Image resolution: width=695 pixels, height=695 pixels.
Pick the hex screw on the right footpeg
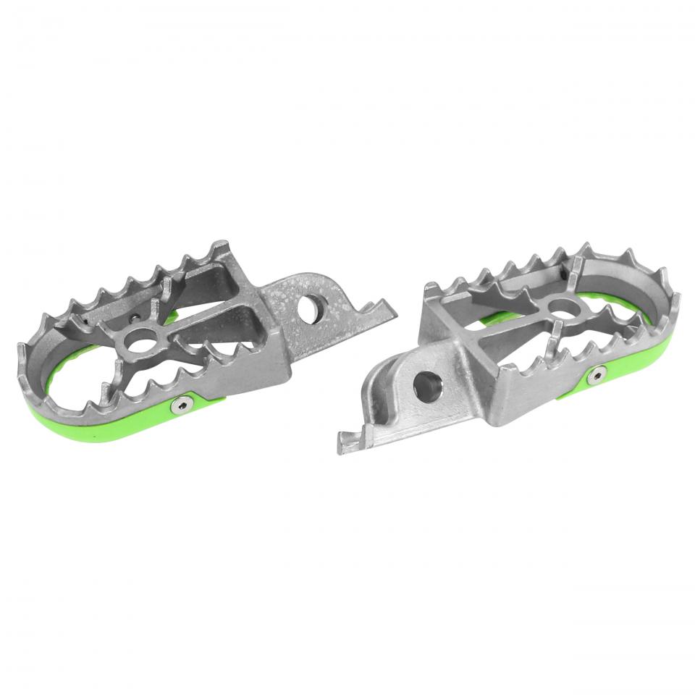(597, 374)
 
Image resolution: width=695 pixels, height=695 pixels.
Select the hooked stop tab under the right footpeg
(351, 442)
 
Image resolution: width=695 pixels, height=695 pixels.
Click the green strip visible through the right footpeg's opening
(500, 319)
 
